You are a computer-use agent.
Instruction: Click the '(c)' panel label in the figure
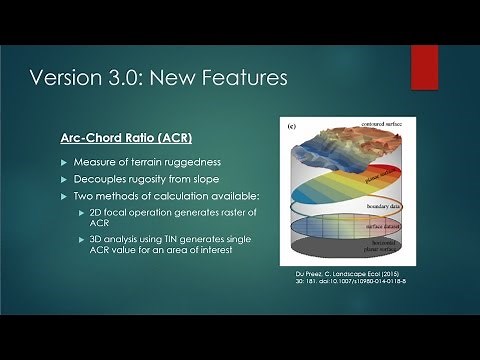(x=291, y=127)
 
